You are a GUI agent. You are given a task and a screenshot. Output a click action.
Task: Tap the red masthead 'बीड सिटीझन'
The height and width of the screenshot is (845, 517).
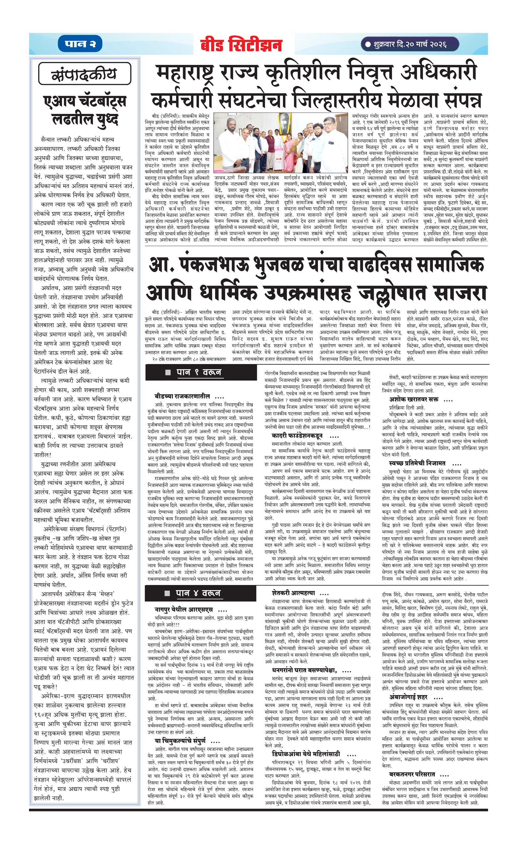(x=242, y=45)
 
